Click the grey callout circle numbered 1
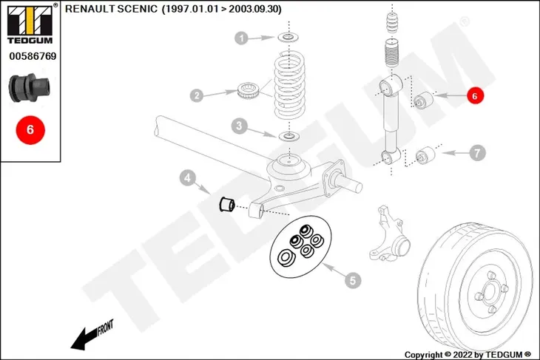tap(241, 38)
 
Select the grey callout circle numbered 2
tap(197, 95)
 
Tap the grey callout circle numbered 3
tap(240, 126)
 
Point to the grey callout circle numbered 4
tap(187, 178)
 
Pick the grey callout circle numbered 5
tap(353, 280)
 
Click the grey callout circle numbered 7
tap(477, 153)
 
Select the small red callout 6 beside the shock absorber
tap(475, 95)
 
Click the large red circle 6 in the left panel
tap(30, 130)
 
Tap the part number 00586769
tap(33, 56)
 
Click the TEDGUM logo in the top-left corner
tap(30, 24)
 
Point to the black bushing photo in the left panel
tap(30, 88)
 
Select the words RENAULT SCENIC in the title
tap(111, 9)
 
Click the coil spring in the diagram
tap(290, 85)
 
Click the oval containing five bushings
tap(300, 246)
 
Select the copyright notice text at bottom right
tap(468, 355)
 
